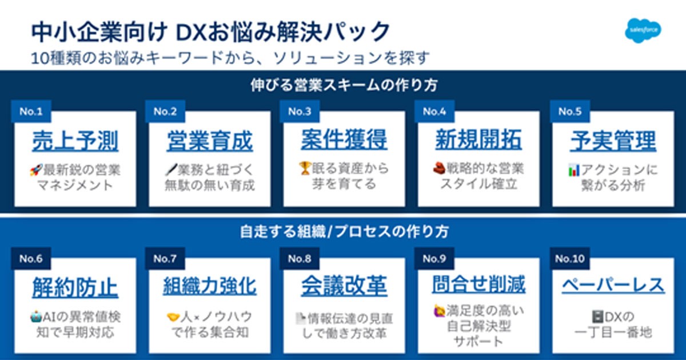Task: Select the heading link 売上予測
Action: click(75, 141)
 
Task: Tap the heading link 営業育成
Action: click(209, 141)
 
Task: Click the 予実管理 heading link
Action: click(613, 141)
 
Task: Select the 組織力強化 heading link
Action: click(209, 286)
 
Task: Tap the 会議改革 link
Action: click(344, 286)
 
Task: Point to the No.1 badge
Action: click(31, 111)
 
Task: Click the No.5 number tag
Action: click(569, 111)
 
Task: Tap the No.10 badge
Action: click(569, 259)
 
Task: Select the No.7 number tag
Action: click(165, 259)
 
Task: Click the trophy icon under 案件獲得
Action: click(304, 169)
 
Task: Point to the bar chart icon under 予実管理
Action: click(573, 170)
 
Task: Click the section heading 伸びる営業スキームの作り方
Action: click(344, 86)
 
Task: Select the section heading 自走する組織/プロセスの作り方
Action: click(344, 232)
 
